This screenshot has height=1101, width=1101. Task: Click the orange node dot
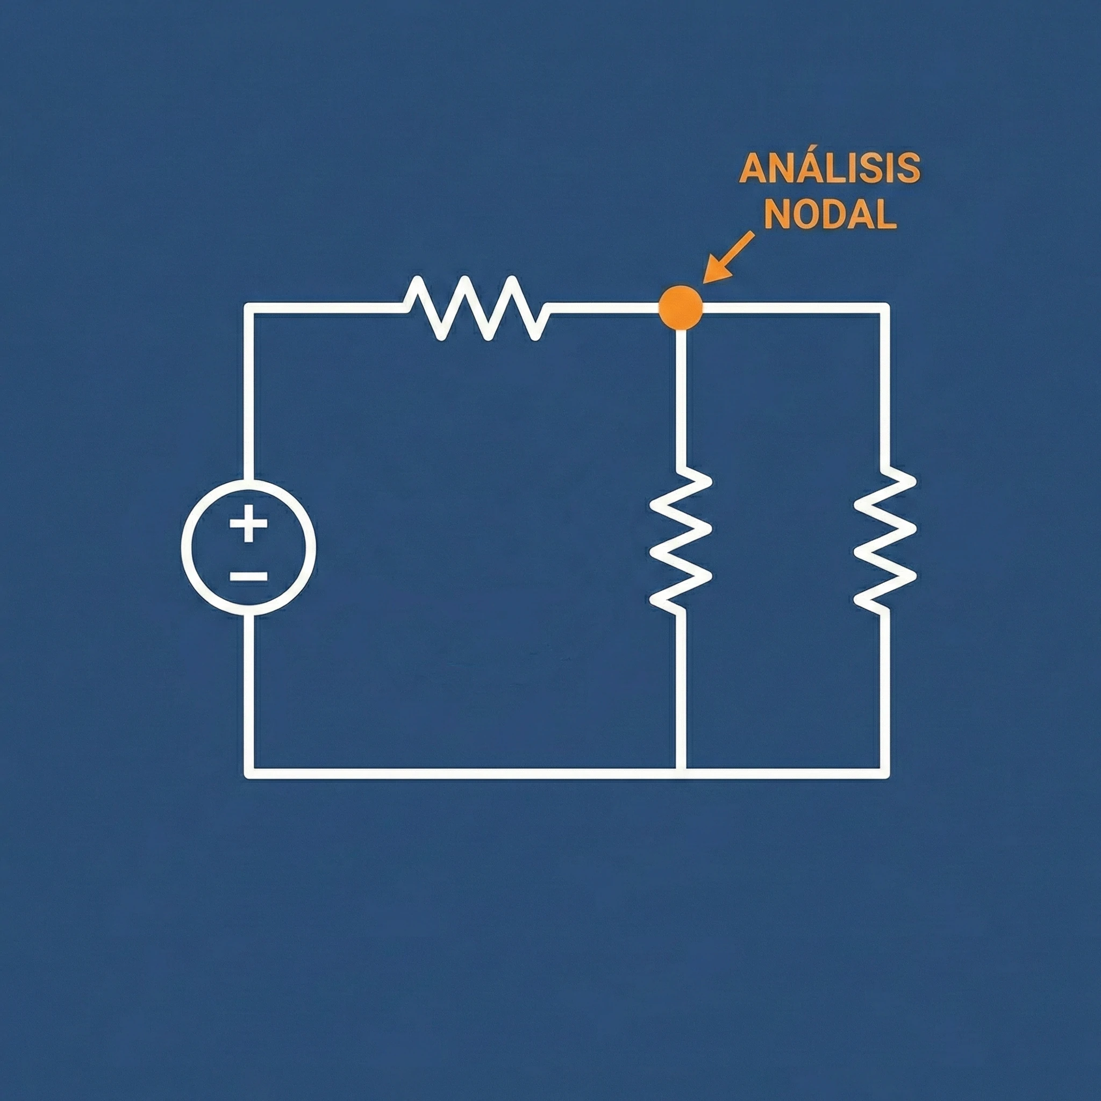tap(680, 308)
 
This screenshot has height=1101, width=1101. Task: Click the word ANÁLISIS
tap(829, 169)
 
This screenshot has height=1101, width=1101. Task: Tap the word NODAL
tap(830, 215)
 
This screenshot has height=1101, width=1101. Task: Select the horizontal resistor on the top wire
tap(476, 308)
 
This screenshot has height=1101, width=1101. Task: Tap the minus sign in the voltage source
tap(248, 577)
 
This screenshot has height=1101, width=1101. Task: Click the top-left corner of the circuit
tap(249, 308)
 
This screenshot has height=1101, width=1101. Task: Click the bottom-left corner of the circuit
tap(249, 773)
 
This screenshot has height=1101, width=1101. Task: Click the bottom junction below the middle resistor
tap(681, 773)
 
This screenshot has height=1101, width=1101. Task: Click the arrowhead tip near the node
tap(705, 281)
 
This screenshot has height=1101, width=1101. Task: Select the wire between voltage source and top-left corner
tap(249, 393)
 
